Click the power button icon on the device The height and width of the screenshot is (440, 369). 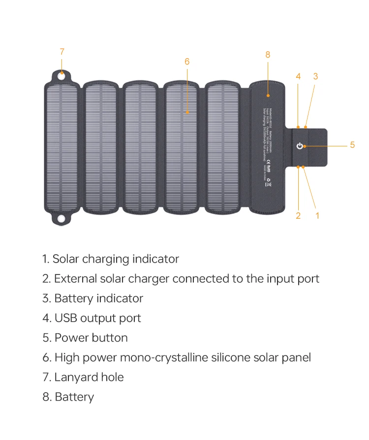[300, 146]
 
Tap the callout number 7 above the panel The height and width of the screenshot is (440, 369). [62, 52]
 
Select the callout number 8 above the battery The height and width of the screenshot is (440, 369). [268, 55]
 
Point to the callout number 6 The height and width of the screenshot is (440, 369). [187, 62]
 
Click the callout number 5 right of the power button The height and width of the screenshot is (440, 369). [352, 145]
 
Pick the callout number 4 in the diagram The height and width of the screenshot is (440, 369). [298, 76]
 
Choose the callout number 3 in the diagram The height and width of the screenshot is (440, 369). [315, 76]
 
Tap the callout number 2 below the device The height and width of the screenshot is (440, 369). [298, 215]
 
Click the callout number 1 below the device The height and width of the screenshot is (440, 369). [317, 215]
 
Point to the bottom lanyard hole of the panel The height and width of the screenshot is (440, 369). [61, 218]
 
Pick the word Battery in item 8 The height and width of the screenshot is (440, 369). [74, 397]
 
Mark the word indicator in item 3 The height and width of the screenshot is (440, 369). [120, 299]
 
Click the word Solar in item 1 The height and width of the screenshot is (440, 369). [65, 259]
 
